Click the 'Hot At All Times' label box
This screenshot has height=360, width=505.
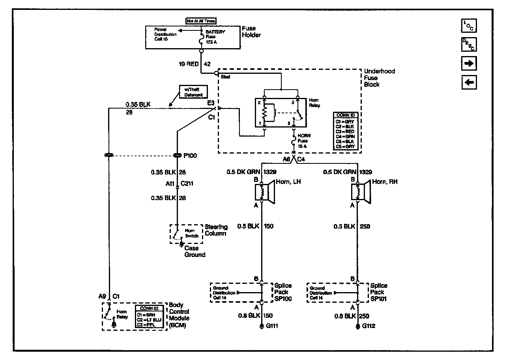coord(201,20)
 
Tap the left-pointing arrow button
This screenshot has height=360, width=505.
coord(469,82)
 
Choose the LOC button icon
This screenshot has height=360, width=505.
coord(469,25)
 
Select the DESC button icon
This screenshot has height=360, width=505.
coord(469,44)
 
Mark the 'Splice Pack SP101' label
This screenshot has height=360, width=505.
coord(379,292)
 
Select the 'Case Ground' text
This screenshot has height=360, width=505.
coord(195,251)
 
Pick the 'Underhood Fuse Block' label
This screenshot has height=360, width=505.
coord(379,78)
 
